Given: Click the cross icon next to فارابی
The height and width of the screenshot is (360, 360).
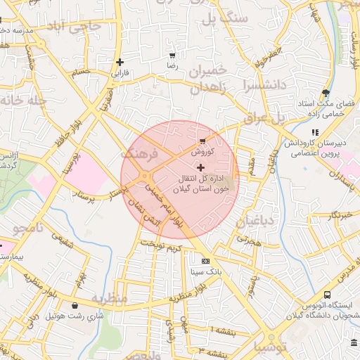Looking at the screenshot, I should [120, 62].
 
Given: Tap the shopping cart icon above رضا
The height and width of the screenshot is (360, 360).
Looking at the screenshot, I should [172, 55].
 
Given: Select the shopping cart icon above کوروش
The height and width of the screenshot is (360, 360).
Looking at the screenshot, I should [202, 141].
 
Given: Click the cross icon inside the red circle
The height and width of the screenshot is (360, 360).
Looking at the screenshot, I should [201, 167].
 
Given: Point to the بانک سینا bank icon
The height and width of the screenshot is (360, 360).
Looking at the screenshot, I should [205, 260].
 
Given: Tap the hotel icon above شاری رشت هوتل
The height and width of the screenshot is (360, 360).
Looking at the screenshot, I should [75, 305].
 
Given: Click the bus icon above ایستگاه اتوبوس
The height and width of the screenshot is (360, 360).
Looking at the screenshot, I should [327, 295].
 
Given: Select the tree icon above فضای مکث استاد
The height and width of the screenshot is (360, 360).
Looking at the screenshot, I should [325, 93].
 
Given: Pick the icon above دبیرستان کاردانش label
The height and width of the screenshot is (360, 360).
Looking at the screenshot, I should [315, 131].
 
